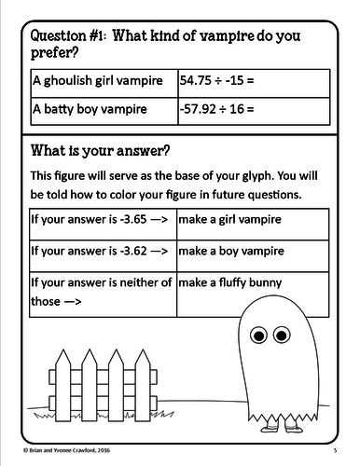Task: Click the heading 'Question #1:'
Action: pyautogui.click(x=71, y=35)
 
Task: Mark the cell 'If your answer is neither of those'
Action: pyautogui.click(x=101, y=291)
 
